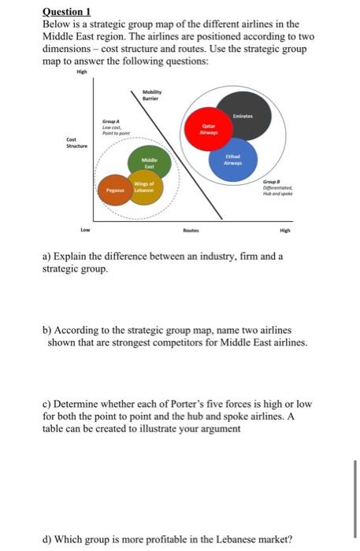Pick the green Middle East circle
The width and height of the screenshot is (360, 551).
click(x=150, y=160)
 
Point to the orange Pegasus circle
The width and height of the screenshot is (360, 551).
click(x=116, y=190)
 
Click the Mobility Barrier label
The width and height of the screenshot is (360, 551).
click(x=152, y=97)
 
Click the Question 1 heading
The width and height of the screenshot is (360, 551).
click(x=67, y=13)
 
